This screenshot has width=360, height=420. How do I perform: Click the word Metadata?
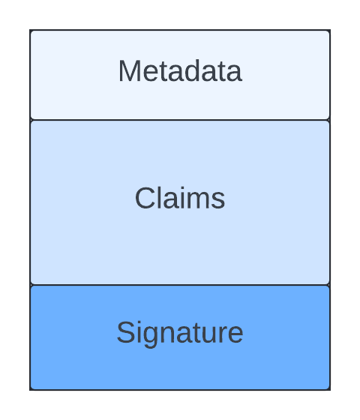click(180, 71)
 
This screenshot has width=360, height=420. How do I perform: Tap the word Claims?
click(180, 198)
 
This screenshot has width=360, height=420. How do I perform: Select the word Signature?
click(180, 333)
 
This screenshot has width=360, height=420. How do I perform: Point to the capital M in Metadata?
click(129, 70)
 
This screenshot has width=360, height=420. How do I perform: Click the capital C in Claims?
click(145, 198)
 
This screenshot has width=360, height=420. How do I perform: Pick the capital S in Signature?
click(126, 332)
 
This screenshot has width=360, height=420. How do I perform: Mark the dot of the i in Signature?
click(139, 323)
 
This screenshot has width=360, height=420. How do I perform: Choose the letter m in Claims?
click(198, 201)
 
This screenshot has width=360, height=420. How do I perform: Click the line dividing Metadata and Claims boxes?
click(180, 120)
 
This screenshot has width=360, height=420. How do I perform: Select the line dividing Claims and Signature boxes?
click(180, 285)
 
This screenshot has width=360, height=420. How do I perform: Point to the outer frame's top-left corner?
click(30, 30)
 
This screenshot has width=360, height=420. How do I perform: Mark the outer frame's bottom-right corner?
click(330, 390)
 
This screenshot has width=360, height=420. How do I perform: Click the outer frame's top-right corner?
click(330, 30)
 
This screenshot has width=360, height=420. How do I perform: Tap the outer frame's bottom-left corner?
click(30, 390)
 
